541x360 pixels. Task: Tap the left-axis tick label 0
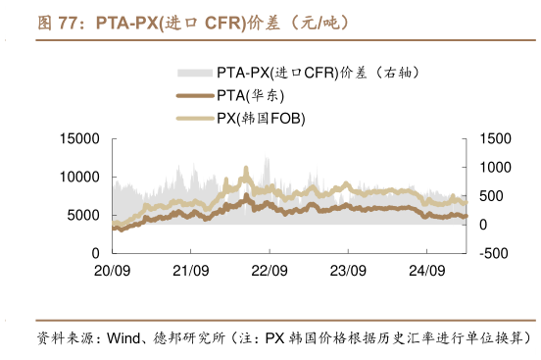tap(95, 254)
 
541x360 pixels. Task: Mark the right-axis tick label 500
tap(491, 196)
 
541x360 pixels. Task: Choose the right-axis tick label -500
tap(493, 254)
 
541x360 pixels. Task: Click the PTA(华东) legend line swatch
tap(195, 95)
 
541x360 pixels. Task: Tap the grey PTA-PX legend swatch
tap(195, 73)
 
